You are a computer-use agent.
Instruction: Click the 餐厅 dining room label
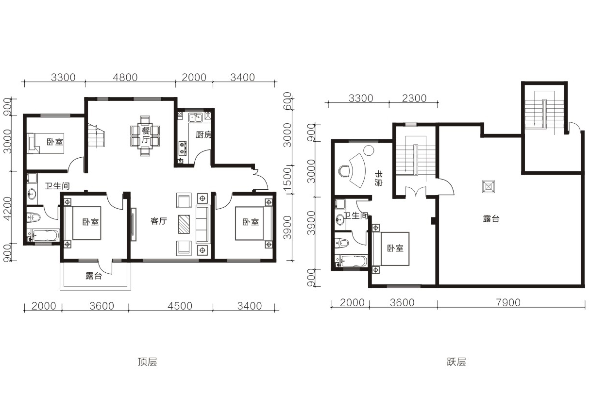coord(146,135)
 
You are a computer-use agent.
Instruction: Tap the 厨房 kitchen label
coord(203,135)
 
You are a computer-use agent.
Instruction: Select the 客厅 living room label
coord(159,221)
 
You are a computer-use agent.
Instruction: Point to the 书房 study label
coord(378,179)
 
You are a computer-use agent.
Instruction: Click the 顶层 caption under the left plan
coord(147,362)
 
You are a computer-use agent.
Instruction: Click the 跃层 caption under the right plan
coord(456,362)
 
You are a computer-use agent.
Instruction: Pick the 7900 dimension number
coord(508,303)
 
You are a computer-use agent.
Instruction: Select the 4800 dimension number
coord(125,78)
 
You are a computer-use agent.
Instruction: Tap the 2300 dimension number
coord(414,99)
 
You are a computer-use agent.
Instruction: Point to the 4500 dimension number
coord(180,306)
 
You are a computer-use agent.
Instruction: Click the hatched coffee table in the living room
coord(184,224)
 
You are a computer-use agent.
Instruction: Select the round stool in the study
coord(369,151)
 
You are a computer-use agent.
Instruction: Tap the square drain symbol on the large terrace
coord(489,187)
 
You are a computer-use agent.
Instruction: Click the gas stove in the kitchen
coord(183,148)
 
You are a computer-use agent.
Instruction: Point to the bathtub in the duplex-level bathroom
coord(351,262)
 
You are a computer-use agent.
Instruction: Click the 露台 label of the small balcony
coord(94,276)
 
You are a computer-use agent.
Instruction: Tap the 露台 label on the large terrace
coord(491,218)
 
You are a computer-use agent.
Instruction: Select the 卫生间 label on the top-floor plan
coord(57,186)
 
